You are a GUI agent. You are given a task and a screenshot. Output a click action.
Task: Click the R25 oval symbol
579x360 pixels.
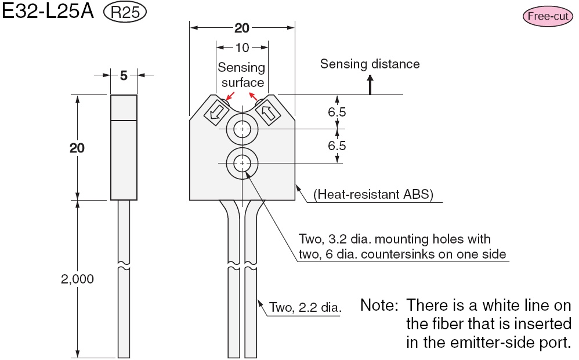click(x=124, y=13)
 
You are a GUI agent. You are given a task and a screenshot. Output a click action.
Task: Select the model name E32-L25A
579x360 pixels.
click(x=49, y=13)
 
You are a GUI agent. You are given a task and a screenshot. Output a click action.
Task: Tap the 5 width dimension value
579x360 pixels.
click(x=124, y=75)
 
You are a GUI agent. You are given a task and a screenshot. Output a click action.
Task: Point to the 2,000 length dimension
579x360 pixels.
click(x=77, y=279)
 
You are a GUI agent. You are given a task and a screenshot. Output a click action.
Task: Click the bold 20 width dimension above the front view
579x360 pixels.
click(x=243, y=28)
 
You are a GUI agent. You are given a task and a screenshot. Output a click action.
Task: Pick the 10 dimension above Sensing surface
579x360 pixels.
click(x=243, y=48)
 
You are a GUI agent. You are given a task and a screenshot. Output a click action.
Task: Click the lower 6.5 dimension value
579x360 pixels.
click(x=336, y=146)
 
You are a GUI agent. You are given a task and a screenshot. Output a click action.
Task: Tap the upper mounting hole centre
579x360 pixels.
click(x=242, y=129)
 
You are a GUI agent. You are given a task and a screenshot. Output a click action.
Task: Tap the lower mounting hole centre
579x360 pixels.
click(x=242, y=163)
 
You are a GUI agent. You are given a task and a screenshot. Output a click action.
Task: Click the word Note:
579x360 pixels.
click(x=379, y=305)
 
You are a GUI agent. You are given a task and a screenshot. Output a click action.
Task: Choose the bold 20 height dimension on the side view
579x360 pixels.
click(x=77, y=148)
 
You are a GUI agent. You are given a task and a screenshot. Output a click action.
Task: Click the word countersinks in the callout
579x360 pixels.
click(x=421, y=253)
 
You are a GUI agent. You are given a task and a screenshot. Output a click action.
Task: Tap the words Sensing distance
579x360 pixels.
click(x=370, y=64)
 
